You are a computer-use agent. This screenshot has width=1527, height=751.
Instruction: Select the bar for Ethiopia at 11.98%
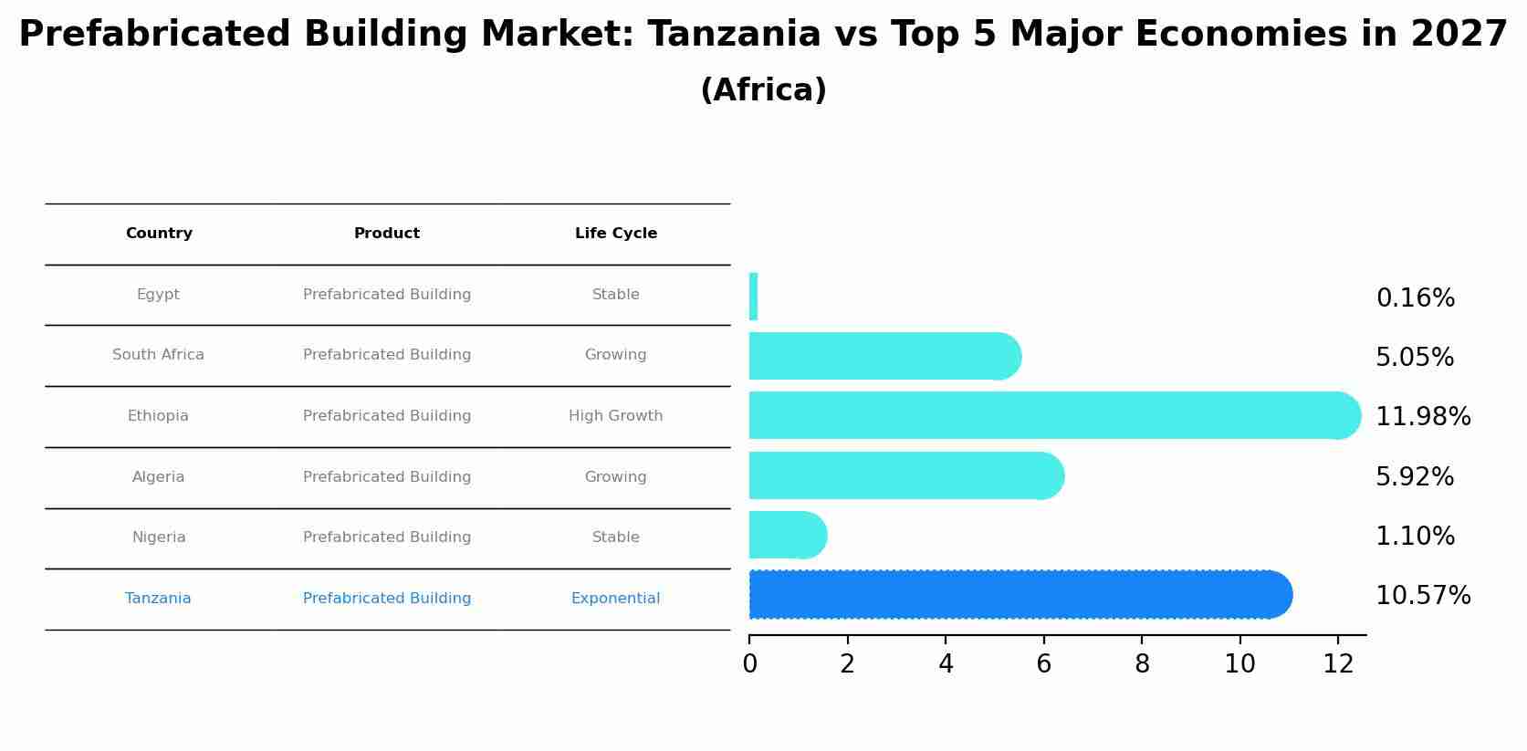pos(1050,416)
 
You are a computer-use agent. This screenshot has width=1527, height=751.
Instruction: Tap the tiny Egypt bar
pos(753,297)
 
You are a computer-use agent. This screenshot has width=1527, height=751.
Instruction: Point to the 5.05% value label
pos(1414,358)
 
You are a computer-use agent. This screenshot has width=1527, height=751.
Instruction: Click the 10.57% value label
pos(1422,596)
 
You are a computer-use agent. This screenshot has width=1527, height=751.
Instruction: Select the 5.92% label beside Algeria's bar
pos(1414,477)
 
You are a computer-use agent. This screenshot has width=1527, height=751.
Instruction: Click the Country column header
pos(159,234)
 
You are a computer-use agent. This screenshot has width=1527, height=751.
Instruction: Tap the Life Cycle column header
pos(615,234)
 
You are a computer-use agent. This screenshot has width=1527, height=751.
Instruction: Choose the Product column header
pos(387,234)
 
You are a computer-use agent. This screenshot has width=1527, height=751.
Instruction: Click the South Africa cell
pos(158,355)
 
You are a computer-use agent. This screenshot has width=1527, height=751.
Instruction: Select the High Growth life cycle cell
pos(615,416)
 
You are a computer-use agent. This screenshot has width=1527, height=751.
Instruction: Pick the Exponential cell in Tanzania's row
pos(615,599)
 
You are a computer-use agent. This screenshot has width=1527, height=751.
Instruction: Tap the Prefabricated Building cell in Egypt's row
pos(387,295)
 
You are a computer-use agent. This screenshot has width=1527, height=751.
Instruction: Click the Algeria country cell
pos(158,477)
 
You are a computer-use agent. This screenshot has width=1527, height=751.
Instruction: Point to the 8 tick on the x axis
pos(1142,664)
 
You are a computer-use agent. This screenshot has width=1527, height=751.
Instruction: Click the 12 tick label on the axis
pos(1338,664)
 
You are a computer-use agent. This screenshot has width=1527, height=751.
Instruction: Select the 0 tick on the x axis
pos(749,664)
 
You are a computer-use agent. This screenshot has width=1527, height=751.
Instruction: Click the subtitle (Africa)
pos(763,90)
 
